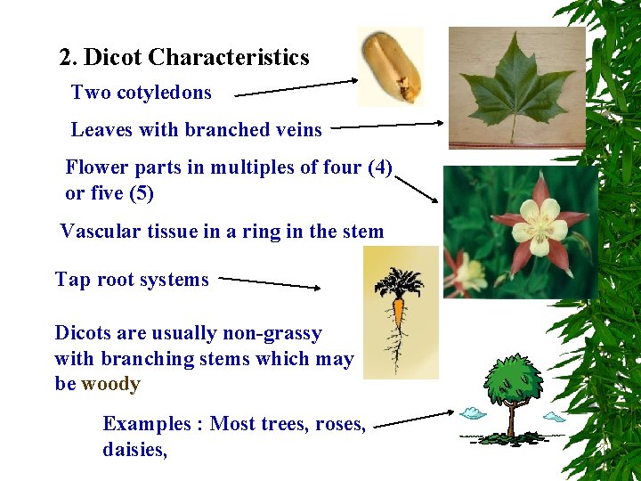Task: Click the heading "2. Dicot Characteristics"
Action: [x=184, y=58]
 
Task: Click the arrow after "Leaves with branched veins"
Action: [x=387, y=126]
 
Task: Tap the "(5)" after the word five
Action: [x=142, y=193]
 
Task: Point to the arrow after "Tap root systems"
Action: [x=270, y=282]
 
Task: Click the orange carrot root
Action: [x=399, y=317]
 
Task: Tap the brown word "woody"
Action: [x=110, y=385]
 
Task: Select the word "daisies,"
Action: [x=134, y=450]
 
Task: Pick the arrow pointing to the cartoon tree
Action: [x=414, y=420]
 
